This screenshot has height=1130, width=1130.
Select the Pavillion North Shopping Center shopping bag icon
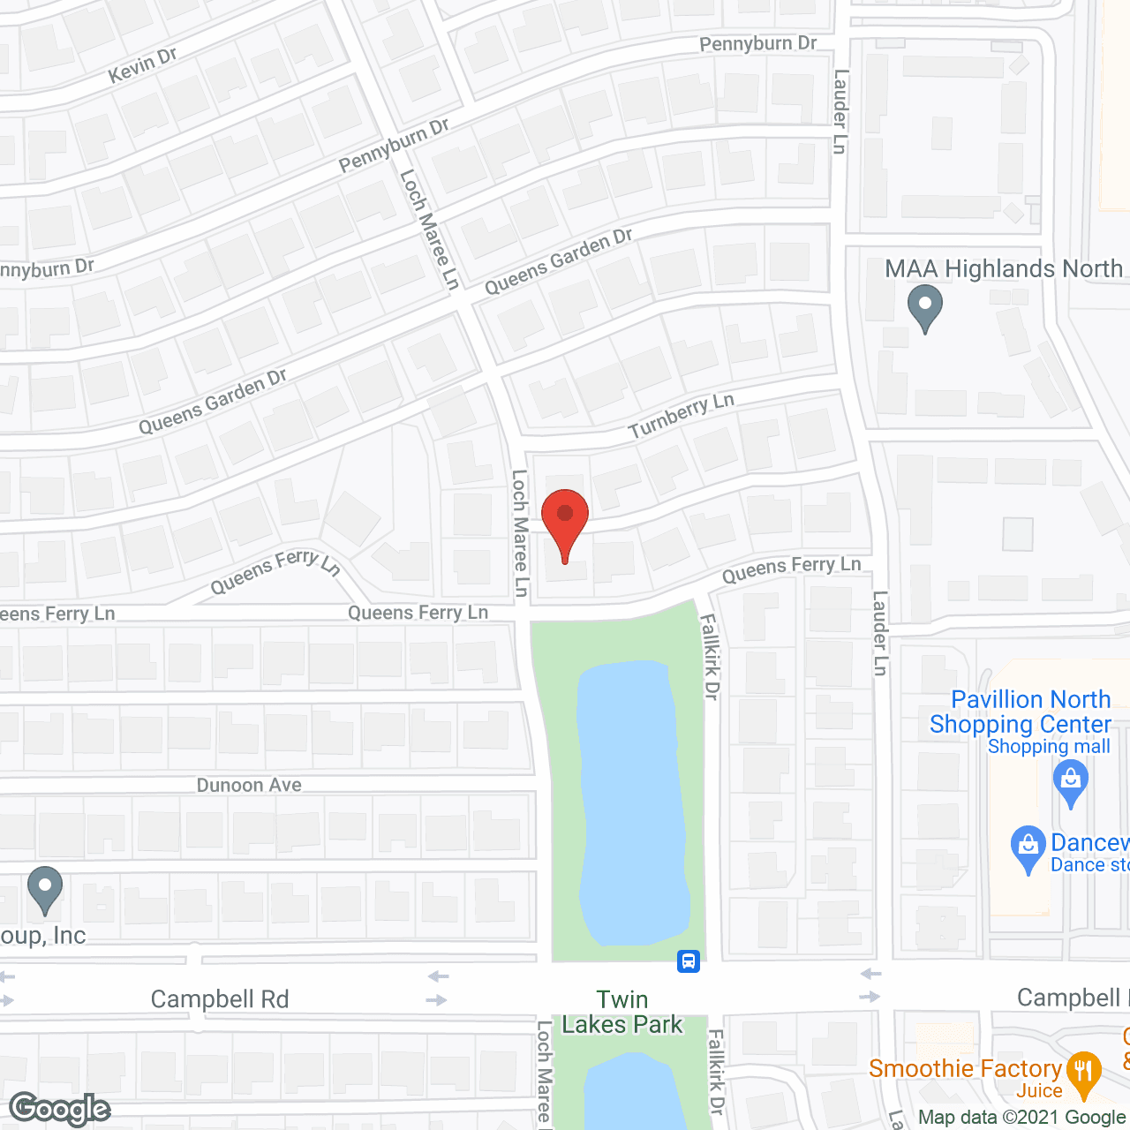[x=1071, y=782]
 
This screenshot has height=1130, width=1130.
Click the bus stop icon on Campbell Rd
[x=689, y=961]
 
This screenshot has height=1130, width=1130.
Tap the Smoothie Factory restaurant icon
[x=1083, y=1073]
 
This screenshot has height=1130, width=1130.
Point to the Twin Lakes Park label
[x=622, y=1012]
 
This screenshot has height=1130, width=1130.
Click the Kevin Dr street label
[x=142, y=65]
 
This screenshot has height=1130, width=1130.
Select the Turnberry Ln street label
[x=681, y=416]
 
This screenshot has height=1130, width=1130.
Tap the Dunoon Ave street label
[x=249, y=785]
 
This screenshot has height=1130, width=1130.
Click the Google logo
[x=59, y=1109]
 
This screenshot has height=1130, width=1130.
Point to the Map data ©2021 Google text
[x=1022, y=1117]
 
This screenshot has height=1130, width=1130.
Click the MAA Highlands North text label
[x=1004, y=268]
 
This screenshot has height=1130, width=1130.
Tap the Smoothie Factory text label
[x=965, y=1068]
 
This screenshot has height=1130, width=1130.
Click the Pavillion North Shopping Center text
[x=1021, y=712]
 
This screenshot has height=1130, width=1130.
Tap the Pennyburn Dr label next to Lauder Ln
[x=757, y=43]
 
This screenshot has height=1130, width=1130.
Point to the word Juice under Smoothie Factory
[x=1038, y=1091]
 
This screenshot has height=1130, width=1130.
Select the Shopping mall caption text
[x=1049, y=747]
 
